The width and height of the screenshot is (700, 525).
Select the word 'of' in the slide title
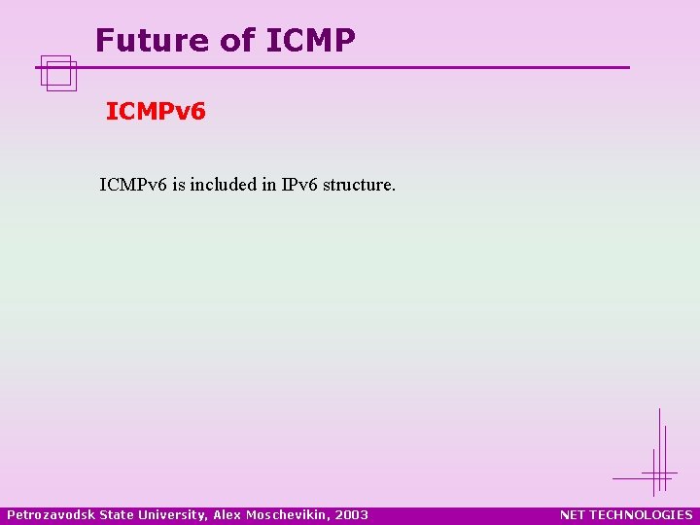click(236, 41)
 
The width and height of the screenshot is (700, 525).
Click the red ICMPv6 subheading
click(156, 112)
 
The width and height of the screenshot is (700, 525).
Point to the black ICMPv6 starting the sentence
click(133, 184)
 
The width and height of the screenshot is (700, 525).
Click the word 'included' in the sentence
click(224, 184)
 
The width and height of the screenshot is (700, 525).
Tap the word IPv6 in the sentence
click(299, 184)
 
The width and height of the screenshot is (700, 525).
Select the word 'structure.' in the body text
click(360, 184)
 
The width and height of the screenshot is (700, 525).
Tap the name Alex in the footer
click(225, 514)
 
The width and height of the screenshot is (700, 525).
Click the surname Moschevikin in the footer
click(288, 514)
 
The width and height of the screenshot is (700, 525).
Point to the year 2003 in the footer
click(352, 514)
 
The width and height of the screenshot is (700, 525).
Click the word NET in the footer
click(573, 514)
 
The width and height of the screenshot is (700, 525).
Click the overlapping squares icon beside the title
click(58, 72)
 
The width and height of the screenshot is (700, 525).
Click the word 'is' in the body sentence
click(178, 184)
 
